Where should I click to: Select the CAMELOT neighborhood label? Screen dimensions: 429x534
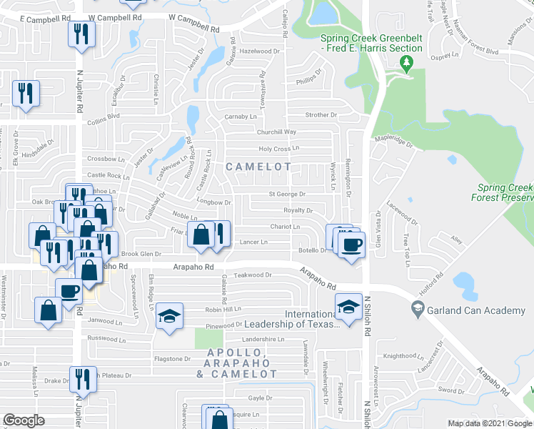tap(258, 167)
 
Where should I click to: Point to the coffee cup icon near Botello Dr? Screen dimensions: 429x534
tap(351, 245)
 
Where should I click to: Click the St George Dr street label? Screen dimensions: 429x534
tap(287, 194)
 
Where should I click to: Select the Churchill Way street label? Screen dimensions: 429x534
tap(277, 132)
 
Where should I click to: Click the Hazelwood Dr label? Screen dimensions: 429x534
tap(261, 51)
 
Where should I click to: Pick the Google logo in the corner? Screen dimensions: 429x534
tap(24, 420)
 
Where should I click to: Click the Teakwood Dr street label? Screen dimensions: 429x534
tap(254, 275)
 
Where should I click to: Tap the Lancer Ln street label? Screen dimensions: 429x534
tap(253, 242)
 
